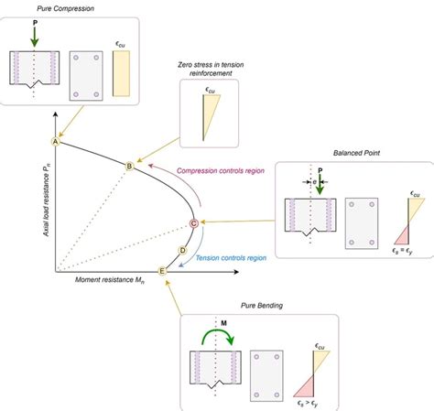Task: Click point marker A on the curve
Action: (x=56, y=142)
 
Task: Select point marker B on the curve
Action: (x=129, y=166)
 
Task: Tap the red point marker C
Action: (x=193, y=222)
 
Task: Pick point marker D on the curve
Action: (x=183, y=250)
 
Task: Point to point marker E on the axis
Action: (x=163, y=271)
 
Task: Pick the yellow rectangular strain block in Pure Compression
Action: (x=121, y=73)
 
